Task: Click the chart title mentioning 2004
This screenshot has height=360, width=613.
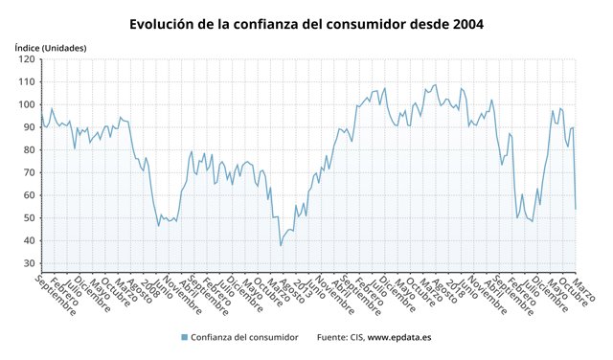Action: coord(306,22)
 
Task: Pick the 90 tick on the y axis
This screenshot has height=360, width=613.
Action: coord(29,127)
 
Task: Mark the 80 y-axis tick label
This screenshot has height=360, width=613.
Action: coord(29,150)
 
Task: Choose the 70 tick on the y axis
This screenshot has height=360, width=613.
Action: coord(29,172)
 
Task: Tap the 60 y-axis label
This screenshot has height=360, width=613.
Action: coord(29,195)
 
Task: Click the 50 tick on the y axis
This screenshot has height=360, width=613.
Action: coord(29,218)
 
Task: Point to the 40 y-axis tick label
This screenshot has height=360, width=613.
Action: coord(29,240)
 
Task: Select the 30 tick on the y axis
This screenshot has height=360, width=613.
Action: coord(29,263)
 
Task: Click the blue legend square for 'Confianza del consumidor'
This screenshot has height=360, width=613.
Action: coord(183,337)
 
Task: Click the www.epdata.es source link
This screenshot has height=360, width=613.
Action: coord(401,337)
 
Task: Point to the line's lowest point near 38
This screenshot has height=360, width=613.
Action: coord(281,246)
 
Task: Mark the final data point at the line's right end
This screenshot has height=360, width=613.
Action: coord(575,209)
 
